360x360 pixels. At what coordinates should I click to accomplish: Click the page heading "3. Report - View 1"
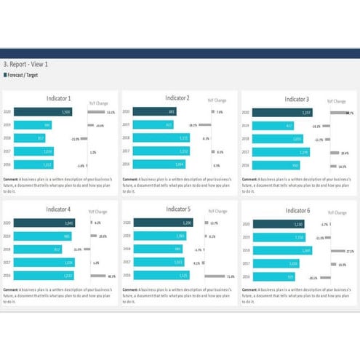(x=25, y=64)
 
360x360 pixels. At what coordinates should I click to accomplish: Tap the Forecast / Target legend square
(x=6, y=74)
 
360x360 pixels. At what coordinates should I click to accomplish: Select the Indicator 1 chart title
(x=58, y=98)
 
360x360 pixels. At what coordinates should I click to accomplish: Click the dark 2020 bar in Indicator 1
(x=45, y=112)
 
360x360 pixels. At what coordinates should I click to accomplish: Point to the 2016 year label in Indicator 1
(x=8, y=164)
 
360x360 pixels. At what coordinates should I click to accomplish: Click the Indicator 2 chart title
(x=177, y=97)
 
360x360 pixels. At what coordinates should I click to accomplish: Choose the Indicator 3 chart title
(x=296, y=98)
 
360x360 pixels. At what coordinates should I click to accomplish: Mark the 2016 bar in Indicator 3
(x=268, y=165)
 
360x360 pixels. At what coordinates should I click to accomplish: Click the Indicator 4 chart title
(x=58, y=210)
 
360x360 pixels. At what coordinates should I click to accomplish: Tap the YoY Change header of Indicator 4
(x=98, y=212)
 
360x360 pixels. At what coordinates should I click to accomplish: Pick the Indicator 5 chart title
(x=177, y=209)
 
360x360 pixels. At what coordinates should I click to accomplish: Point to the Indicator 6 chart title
(x=296, y=210)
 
